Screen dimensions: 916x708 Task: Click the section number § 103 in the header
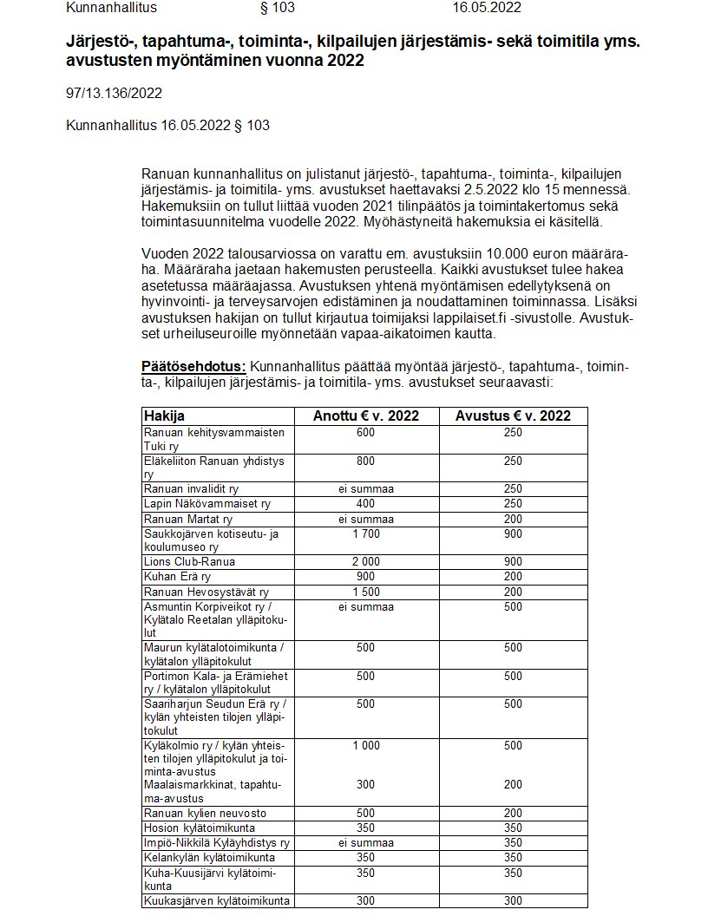(x=278, y=8)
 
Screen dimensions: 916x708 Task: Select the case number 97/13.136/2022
(x=114, y=93)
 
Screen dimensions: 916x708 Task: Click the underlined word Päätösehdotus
(x=194, y=367)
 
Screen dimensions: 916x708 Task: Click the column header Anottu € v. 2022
(x=365, y=415)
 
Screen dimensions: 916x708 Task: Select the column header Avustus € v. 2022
(x=513, y=415)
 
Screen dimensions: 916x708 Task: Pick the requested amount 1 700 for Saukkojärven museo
(x=365, y=533)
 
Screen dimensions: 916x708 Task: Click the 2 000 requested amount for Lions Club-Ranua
(x=365, y=561)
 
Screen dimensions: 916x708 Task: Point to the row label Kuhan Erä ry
(x=178, y=576)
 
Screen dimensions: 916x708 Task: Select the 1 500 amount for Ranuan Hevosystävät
(x=365, y=591)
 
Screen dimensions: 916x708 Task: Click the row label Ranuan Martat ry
(x=188, y=519)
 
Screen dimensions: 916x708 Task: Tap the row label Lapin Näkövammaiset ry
(x=206, y=503)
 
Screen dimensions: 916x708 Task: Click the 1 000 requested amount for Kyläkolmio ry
(x=365, y=745)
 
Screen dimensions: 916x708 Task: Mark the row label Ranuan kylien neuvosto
(x=205, y=813)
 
